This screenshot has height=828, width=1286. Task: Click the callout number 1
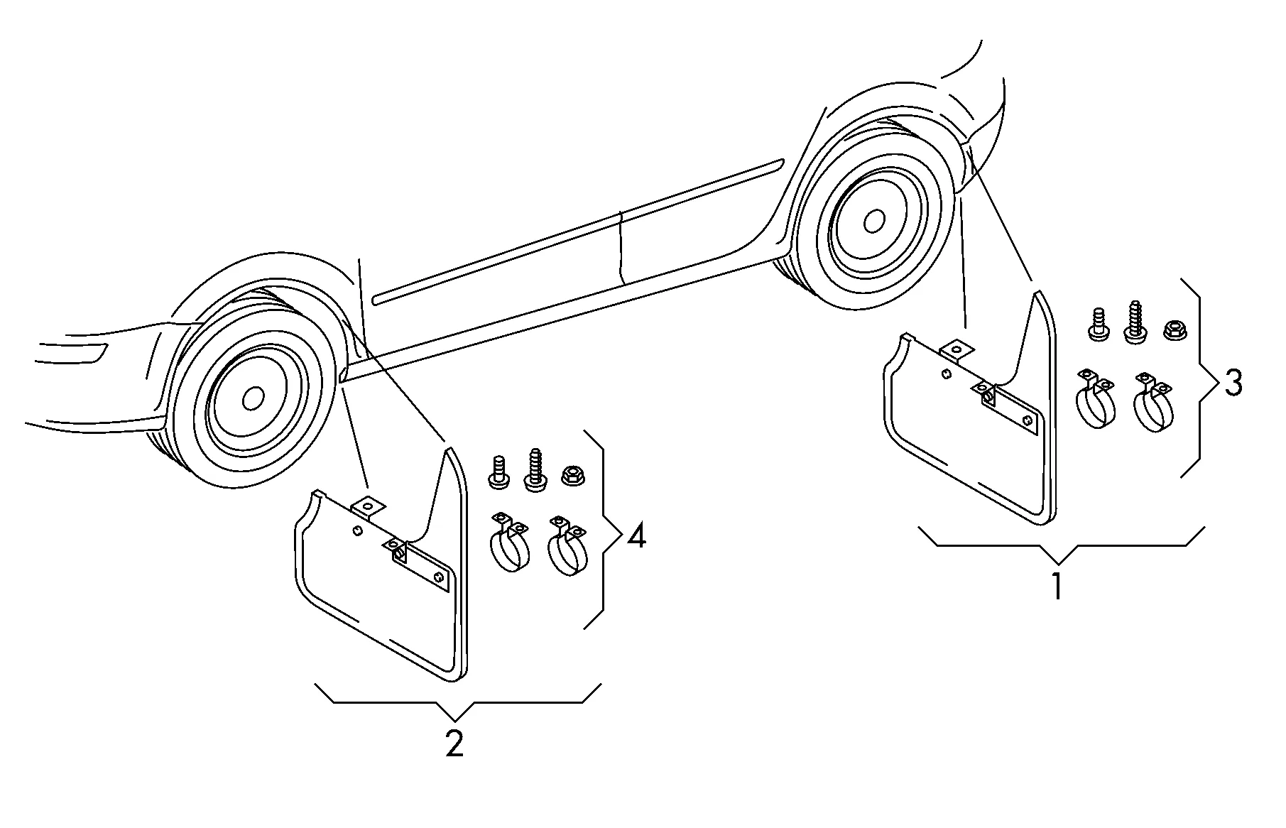[1058, 586]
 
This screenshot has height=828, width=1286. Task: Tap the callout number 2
[454, 743]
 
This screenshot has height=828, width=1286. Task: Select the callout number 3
[1233, 383]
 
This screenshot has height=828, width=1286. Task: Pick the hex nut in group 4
[572, 475]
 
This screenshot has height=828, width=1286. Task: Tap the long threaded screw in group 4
[536, 469]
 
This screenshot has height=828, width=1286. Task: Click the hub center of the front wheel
[253, 398]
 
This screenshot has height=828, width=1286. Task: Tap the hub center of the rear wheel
[874, 221]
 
